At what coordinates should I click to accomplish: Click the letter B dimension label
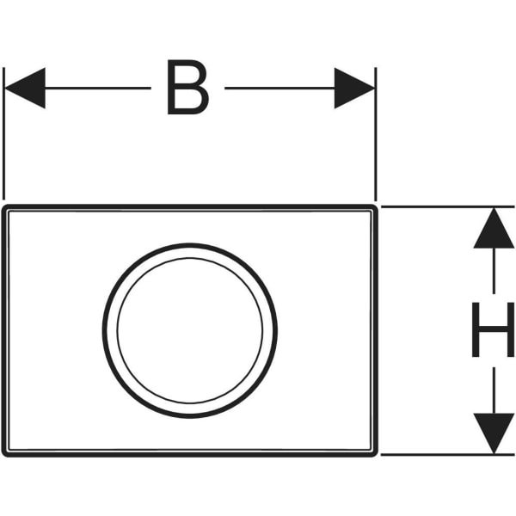(x=187, y=87)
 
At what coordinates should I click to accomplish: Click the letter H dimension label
(x=493, y=329)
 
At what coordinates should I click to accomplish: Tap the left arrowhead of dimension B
(x=25, y=89)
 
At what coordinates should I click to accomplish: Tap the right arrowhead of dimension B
(x=354, y=89)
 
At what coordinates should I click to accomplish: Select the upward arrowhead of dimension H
(x=494, y=228)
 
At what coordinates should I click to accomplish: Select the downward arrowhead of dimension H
(x=494, y=433)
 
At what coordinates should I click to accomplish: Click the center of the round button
(x=190, y=331)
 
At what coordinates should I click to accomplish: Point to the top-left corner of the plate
(x=3, y=206)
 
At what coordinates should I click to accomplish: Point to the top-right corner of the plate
(x=378, y=206)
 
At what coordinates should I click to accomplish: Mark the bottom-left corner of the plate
(x=3, y=456)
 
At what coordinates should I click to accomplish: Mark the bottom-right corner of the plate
(x=378, y=456)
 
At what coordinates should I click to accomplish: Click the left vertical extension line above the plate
(x=3, y=133)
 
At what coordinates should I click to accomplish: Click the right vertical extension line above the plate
(x=376, y=133)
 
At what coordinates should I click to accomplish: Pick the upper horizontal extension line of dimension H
(x=447, y=207)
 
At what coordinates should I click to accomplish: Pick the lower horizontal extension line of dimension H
(x=447, y=455)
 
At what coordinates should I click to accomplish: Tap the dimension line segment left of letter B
(x=98, y=89)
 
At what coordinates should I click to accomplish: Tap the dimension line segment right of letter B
(x=279, y=89)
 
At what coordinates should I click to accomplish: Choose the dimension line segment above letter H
(x=494, y=271)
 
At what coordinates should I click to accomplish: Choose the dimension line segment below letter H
(x=494, y=390)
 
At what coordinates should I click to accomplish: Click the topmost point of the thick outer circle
(x=190, y=243)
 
